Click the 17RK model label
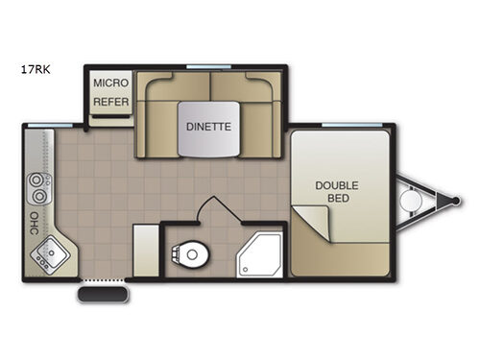point(36,69)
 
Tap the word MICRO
point(110,84)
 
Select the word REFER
point(110,102)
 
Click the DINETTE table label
point(208,127)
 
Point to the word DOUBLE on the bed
point(337,185)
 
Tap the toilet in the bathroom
point(190,254)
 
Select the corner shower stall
point(260,255)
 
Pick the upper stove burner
point(36,180)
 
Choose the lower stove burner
point(39,196)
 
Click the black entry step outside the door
point(103,295)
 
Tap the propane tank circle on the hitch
point(410,201)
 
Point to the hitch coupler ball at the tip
point(456,201)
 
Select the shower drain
point(245,270)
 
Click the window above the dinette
point(208,67)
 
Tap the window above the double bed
point(352,125)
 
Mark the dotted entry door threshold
point(103,280)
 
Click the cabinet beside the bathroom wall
point(146,251)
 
